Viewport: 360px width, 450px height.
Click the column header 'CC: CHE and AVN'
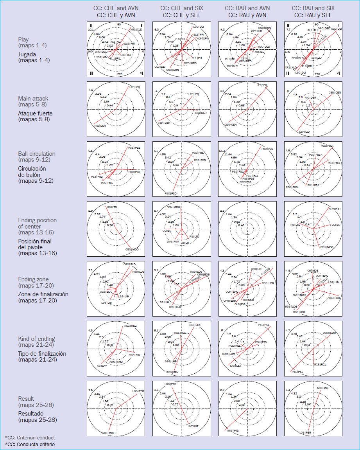click(x=116, y=8)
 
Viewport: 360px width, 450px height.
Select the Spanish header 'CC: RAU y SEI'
click(x=313, y=15)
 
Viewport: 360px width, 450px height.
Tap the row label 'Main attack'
click(x=33, y=99)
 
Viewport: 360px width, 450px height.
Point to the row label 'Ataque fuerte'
click(x=36, y=113)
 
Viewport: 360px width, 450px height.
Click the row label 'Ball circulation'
click(x=37, y=154)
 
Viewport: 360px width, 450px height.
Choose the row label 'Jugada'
click(x=28, y=54)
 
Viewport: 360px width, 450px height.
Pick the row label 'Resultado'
click(x=31, y=414)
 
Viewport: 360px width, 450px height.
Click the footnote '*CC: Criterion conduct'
click(x=30, y=437)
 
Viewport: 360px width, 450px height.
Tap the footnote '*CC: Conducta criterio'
click(x=30, y=445)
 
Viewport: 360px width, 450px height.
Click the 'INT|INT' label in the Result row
click(x=194, y=426)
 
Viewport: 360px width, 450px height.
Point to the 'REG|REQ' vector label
click(x=131, y=326)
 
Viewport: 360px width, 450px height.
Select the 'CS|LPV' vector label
click(x=102, y=365)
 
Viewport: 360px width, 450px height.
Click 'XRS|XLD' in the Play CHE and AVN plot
click(x=136, y=29)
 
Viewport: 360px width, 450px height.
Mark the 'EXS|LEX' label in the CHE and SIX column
click(x=195, y=325)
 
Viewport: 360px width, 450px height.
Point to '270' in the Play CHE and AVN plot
click(x=120, y=74)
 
